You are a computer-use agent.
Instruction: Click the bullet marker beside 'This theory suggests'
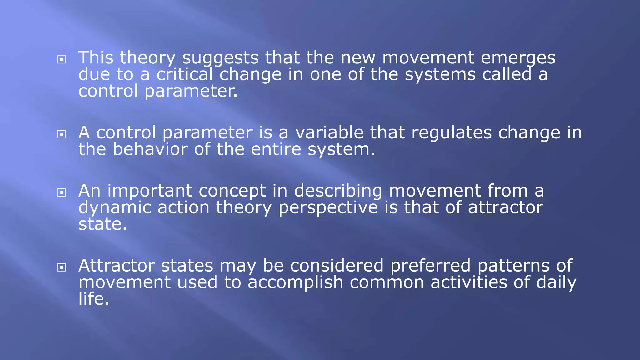[62, 59]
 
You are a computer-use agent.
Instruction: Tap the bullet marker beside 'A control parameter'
[62, 134]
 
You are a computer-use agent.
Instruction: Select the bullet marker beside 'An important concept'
[62, 192]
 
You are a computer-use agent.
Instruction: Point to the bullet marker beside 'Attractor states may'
[62, 267]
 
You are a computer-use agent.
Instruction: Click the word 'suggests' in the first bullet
[220, 58]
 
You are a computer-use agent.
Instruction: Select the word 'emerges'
[518, 58]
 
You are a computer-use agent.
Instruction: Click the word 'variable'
[329, 133]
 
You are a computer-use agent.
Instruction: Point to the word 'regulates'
[451, 133]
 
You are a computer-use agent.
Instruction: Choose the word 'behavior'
[150, 149]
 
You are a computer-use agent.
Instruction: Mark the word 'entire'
[276, 149]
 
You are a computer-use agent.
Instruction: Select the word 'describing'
[338, 191]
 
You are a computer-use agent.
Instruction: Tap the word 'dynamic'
[115, 208]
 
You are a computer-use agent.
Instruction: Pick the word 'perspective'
[328, 208]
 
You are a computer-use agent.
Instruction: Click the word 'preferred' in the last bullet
[430, 266]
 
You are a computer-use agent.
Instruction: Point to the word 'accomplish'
[295, 282]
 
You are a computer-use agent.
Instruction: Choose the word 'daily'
[556, 282]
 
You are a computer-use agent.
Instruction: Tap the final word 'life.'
[94, 299]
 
